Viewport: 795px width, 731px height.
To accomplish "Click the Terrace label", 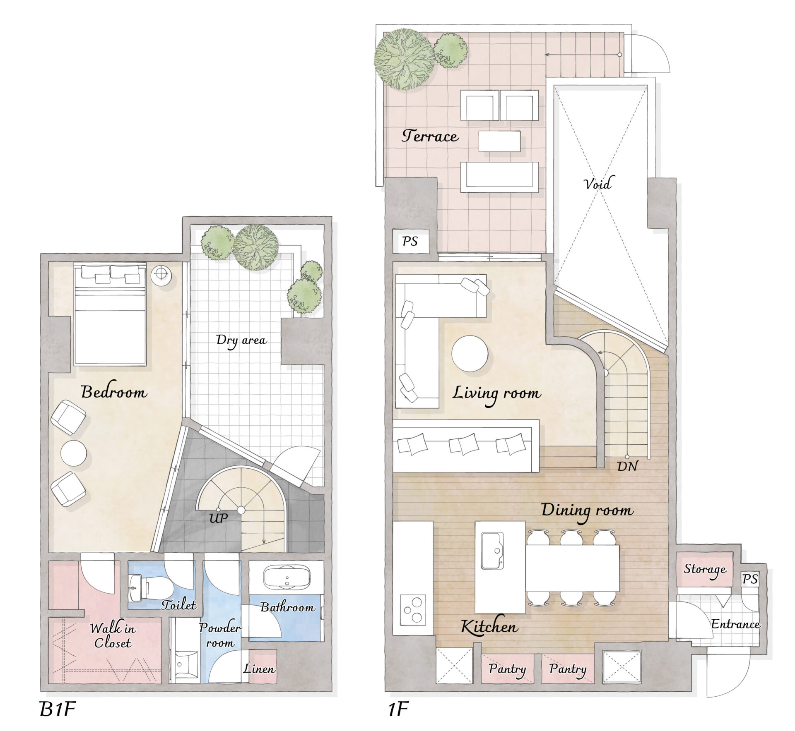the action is coord(430,136).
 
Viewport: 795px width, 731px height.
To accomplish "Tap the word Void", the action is coord(597,183).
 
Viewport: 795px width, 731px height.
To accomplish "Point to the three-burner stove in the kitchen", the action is coord(413,610).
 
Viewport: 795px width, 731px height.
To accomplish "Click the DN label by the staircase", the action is coord(627,467).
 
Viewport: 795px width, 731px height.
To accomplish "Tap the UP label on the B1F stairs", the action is coord(218,518).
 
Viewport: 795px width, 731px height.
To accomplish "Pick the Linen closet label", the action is coord(259,669).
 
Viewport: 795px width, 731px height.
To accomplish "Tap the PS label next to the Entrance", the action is coord(750,579).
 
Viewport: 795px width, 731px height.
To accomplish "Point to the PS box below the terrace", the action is coord(410,241).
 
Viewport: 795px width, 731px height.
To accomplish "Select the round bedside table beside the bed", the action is coord(161,273).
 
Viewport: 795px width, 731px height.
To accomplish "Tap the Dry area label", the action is coord(241,340).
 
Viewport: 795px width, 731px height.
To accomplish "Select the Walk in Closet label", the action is coord(113,636).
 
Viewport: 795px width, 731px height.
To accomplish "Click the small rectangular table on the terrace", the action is coord(499,141).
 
